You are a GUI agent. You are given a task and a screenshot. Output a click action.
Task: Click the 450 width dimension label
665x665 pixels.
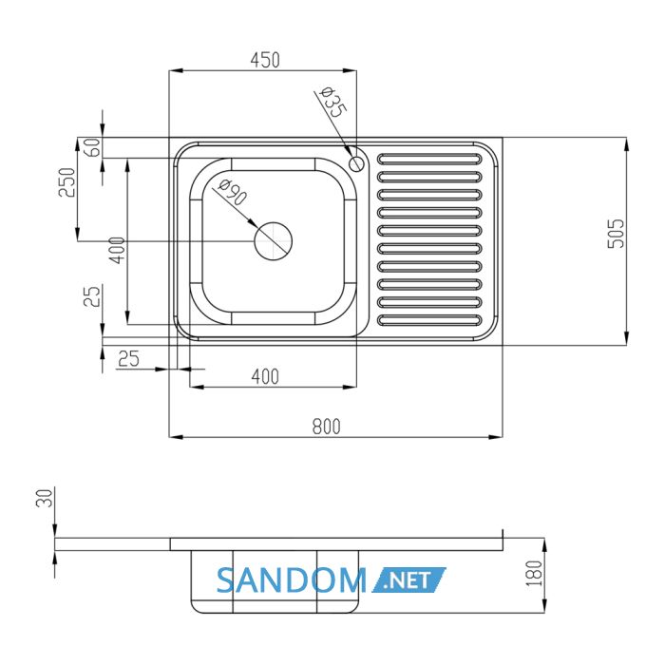tap(265, 60)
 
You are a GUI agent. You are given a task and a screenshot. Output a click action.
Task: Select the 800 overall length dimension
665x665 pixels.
tap(326, 427)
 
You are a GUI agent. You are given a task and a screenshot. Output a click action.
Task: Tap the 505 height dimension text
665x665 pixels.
tap(617, 234)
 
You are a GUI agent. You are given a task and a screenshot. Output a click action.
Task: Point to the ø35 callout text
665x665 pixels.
tap(333, 102)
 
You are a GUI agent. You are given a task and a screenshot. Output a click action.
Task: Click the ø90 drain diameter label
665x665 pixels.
tap(233, 193)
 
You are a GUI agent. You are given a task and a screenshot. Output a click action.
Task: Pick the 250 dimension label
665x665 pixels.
tap(67, 182)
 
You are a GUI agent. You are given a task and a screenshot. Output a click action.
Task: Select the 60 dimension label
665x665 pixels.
tap(93, 147)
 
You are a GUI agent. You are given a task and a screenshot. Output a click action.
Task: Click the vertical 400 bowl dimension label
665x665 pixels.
tap(118, 250)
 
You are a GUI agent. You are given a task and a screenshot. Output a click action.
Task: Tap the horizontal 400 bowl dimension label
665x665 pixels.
tap(265, 376)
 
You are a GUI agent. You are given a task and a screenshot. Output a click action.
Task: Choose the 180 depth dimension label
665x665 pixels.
tap(535, 574)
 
